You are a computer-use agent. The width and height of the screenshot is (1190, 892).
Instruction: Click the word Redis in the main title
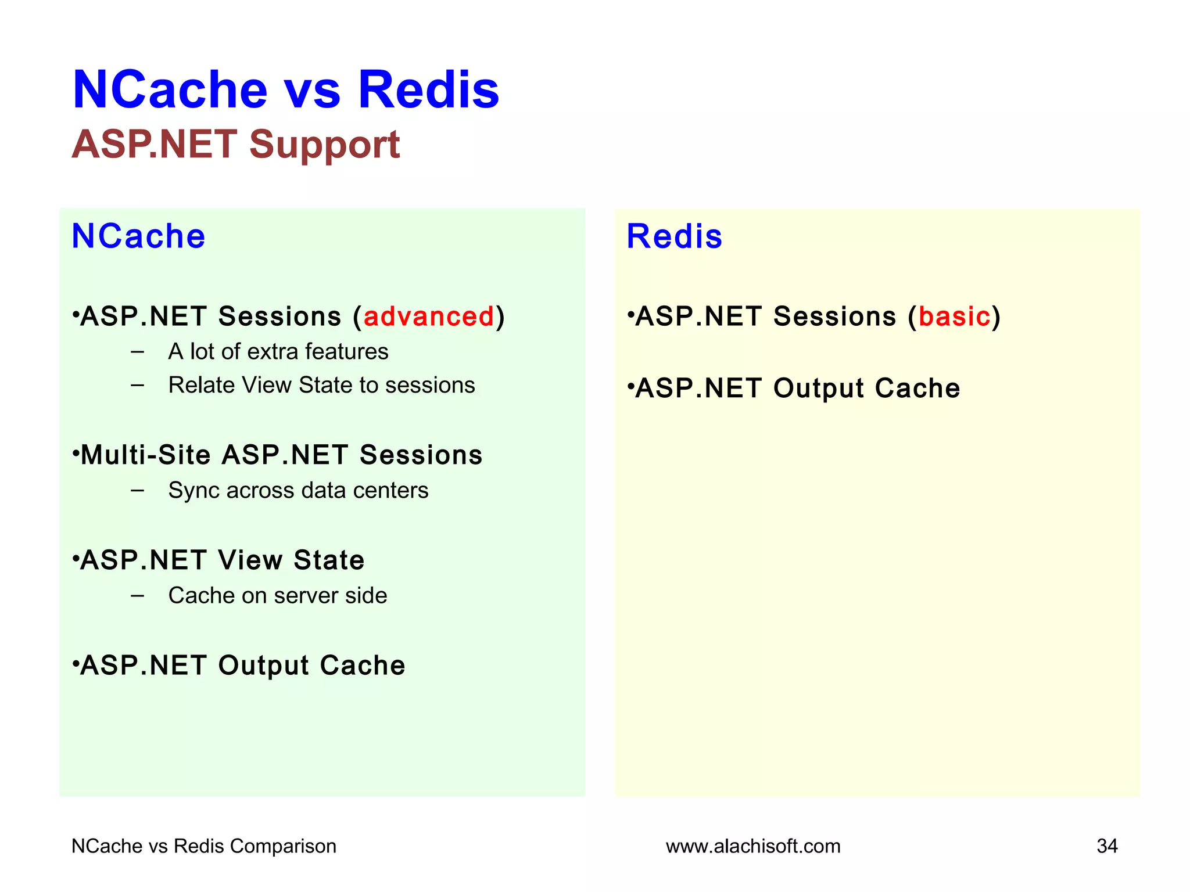pos(428,90)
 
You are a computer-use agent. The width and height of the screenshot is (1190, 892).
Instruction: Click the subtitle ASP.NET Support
pos(235,144)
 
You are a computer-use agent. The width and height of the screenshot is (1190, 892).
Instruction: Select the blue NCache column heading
pos(138,236)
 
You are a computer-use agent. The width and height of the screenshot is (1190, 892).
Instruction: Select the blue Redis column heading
pos(674,236)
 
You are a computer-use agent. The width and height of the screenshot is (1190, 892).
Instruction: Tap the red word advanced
pos(428,316)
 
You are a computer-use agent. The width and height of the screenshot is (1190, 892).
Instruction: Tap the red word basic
pos(954,316)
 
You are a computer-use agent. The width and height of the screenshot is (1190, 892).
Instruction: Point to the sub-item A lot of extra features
pos(278,352)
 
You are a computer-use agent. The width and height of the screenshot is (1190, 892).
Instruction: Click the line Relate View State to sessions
pos(321,386)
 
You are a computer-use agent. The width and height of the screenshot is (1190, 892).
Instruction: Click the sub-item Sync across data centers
pos(298,491)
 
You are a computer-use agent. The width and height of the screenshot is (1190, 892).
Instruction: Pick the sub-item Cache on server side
pos(277,596)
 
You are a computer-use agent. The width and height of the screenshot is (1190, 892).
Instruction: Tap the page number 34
pos(1107,846)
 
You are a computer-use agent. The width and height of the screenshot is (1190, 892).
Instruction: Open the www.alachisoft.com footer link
pos(753,846)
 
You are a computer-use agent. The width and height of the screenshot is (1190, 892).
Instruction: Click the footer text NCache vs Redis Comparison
pos(203,846)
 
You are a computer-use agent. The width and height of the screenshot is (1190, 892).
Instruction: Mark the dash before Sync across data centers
pos(138,491)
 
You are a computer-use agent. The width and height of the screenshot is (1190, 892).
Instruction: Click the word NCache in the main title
pos(170,90)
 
